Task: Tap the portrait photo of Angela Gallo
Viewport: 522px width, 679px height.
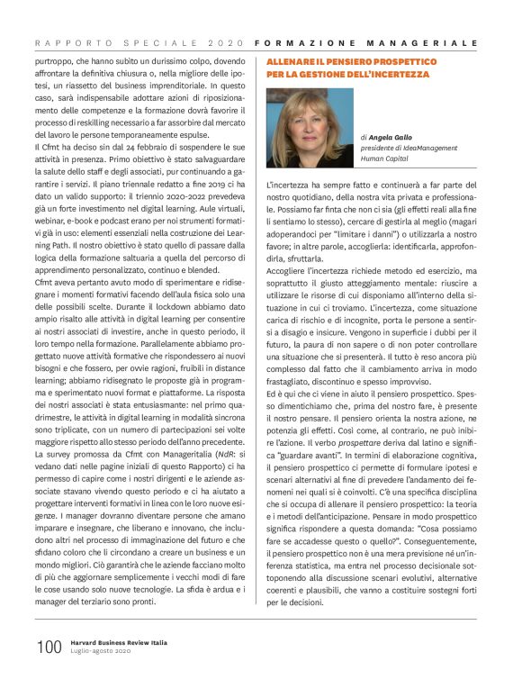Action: (309, 127)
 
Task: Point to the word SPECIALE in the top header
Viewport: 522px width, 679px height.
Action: (157, 42)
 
